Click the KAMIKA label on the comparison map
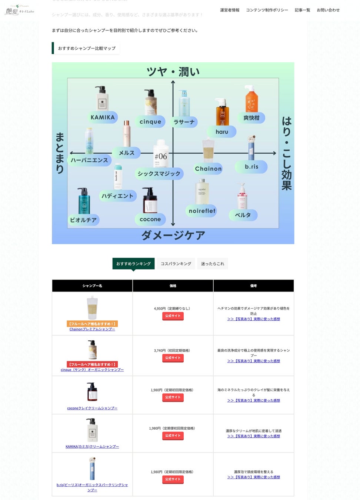coord(103,117)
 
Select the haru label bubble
coord(222,132)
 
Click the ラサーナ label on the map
coord(184,122)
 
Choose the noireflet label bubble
coord(202,211)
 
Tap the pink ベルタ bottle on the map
coord(242,196)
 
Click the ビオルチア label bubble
coord(83,220)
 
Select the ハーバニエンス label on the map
coord(89,160)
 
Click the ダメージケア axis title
coord(173,235)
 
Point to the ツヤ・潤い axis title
coord(173,71)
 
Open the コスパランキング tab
coord(176,264)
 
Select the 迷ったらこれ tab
coord(213,264)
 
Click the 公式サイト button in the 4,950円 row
coord(173,316)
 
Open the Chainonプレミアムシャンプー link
coord(92,329)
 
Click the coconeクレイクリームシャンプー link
coord(92,408)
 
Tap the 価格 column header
coord(173,286)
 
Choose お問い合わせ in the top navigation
coord(328,10)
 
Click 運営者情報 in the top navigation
coord(230,10)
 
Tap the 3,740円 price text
coord(173,350)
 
